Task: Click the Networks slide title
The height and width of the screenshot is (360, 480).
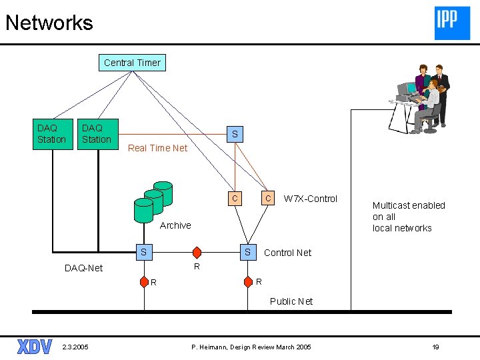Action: pyautogui.click(x=49, y=23)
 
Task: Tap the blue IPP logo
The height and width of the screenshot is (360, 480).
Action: pyautogui.click(x=452, y=23)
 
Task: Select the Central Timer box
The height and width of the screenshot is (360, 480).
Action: pyautogui.click(x=132, y=63)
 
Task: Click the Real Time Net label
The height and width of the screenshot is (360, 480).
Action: pyautogui.click(x=158, y=148)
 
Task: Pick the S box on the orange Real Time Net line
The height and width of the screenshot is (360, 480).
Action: pyautogui.click(x=234, y=134)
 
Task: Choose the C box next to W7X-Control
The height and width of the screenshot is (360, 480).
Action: pyautogui.click(x=267, y=198)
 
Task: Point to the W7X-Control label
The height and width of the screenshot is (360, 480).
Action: pyautogui.click(x=311, y=199)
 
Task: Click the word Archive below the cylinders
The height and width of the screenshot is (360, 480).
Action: pyautogui.click(x=175, y=225)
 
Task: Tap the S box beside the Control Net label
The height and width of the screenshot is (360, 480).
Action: pyautogui.click(x=247, y=252)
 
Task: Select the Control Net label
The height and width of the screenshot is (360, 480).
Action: pyautogui.click(x=287, y=253)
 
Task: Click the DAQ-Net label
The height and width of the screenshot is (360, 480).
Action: pyautogui.click(x=84, y=268)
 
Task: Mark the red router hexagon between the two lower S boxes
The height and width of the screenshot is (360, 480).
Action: pyautogui.click(x=197, y=253)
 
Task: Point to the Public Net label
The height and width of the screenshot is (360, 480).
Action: pyautogui.click(x=291, y=301)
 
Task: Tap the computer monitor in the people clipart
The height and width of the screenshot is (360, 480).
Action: pyautogui.click(x=406, y=89)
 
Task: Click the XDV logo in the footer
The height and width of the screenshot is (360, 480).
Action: pyautogui.click(x=35, y=347)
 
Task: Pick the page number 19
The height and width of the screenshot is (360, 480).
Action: pyautogui.click(x=435, y=347)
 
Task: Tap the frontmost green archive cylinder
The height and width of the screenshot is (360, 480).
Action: pyautogui.click(x=143, y=210)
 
